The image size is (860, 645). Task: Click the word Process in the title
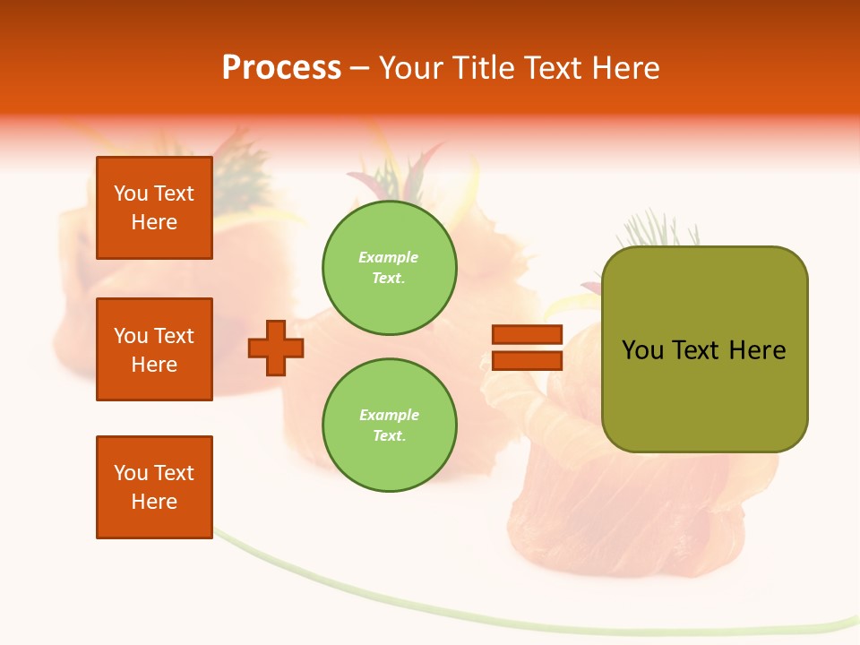coord(281,68)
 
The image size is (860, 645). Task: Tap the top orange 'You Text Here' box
coord(154,208)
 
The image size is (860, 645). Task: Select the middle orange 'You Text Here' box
coord(154,349)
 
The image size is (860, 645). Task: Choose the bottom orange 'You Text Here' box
coord(154,487)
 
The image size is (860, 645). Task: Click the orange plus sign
coord(276,348)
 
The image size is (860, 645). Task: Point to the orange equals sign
coord(527,348)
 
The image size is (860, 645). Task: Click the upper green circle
coord(390,268)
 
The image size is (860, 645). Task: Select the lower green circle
coord(390,426)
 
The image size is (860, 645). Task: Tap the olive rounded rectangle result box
coord(704,349)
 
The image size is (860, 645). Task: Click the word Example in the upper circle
coord(388,258)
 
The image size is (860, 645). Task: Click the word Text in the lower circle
coord(388,436)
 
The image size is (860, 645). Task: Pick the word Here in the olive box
coord(757,350)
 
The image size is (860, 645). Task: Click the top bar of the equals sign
coord(527,335)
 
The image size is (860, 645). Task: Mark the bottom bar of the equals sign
coord(527,360)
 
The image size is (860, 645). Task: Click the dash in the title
coord(359,69)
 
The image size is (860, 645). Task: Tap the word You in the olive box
coord(642,350)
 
